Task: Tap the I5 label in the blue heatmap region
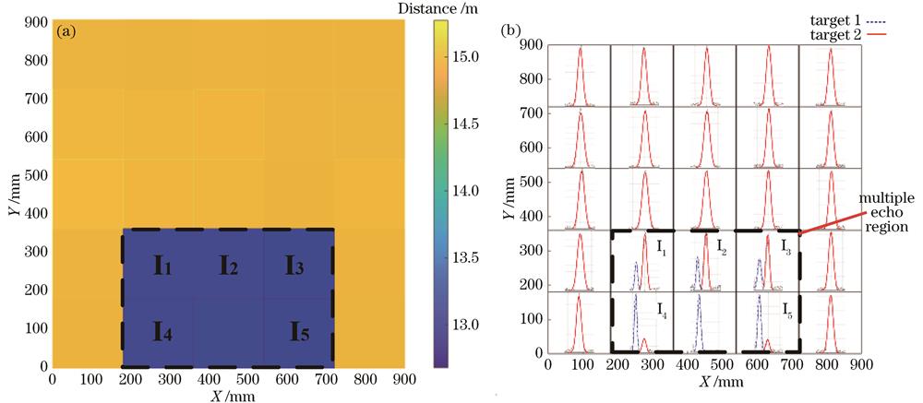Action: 301,329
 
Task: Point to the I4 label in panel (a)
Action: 162,329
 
